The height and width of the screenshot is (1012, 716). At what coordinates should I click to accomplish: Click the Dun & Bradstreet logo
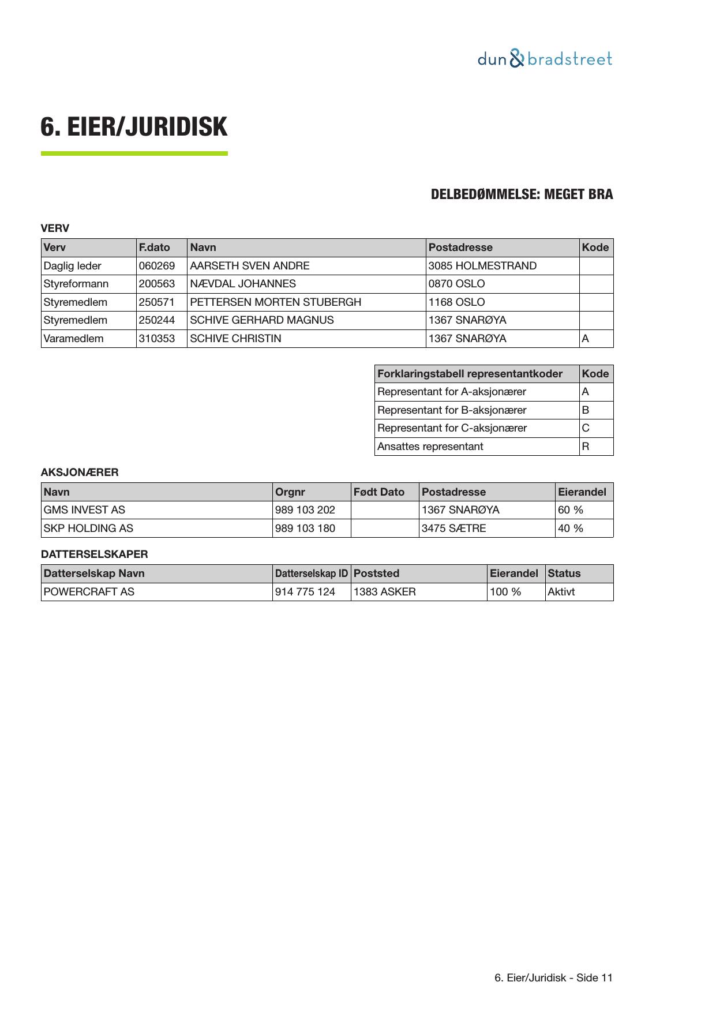click(x=545, y=59)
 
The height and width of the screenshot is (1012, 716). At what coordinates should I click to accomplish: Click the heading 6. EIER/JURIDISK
click(x=134, y=127)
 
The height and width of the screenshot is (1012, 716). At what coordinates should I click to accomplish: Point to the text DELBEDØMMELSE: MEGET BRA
click(x=522, y=194)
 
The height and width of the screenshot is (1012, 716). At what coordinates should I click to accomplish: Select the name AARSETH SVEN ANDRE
click(x=249, y=266)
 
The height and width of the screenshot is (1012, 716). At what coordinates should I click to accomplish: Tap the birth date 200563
click(x=157, y=284)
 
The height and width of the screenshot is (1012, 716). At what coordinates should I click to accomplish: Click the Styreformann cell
click(x=76, y=284)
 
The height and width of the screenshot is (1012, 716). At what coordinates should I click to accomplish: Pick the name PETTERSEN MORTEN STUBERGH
click(x=275, y=302)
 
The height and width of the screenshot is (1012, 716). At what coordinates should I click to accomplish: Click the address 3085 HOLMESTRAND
click(x=482, y=266)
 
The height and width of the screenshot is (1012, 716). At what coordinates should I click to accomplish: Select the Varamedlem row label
click(x=73, y=339)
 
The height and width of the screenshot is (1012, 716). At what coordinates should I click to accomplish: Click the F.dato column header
click(x=155, y=248)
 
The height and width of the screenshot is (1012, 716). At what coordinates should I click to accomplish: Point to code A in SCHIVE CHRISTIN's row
click(x=586, y=339)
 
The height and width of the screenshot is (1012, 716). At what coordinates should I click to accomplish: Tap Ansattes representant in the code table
click(x=430, y=447)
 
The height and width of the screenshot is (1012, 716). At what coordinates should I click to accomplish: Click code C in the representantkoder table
click(x=586, y=428)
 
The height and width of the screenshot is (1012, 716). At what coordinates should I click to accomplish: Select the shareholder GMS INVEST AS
click(x=84, y=510)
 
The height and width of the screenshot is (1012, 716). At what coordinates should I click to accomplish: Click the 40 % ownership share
click(x=571, y=529)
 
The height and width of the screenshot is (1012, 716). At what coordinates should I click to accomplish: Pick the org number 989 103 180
click(x=305, y=529)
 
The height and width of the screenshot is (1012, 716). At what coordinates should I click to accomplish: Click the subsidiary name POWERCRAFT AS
click(x=89, y=592)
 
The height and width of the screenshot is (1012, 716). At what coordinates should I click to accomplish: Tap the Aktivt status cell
click(x=561, y=592)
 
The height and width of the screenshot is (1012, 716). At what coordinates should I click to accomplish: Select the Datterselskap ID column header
click(x=312, y=574)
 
